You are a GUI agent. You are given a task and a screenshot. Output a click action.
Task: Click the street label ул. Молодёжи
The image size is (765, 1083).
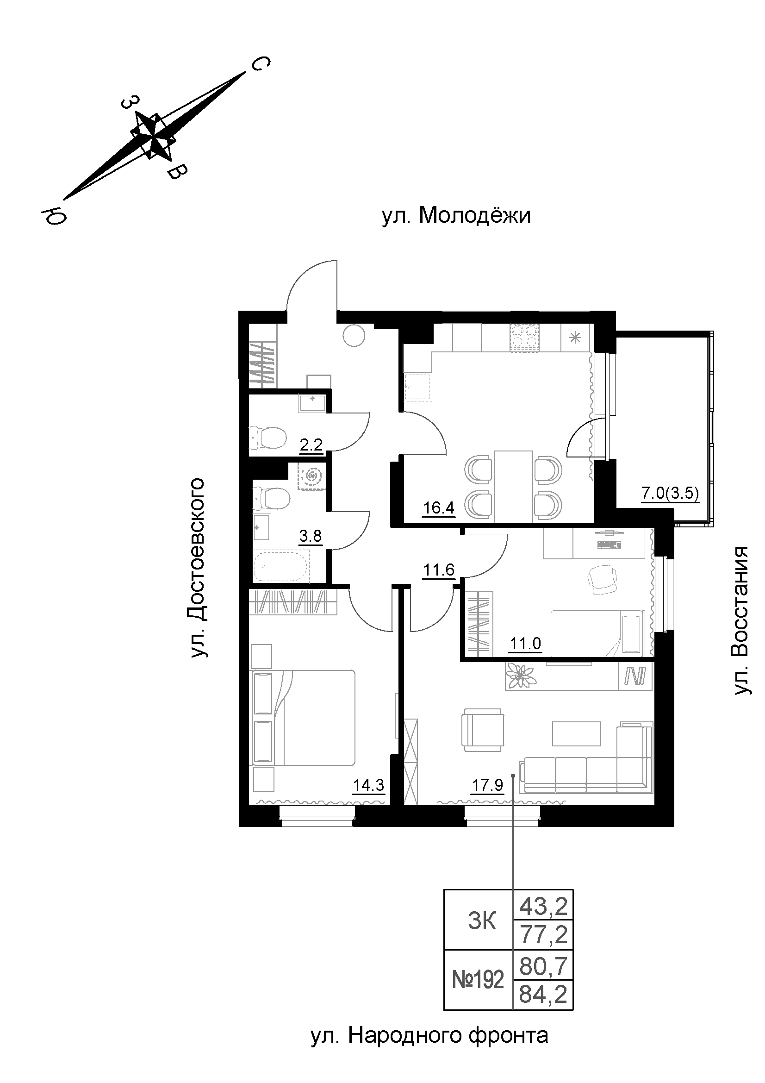tap(456, 216)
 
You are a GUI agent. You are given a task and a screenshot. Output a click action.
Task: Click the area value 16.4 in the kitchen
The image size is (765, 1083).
tap(438, 508)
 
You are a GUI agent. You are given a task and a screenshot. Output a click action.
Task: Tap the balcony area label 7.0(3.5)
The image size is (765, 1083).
tap(669, 494)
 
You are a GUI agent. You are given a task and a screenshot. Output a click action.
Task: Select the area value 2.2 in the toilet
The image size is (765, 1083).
tap(311, 444)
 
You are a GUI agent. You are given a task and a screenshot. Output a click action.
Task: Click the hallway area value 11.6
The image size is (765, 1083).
tap(438, 570)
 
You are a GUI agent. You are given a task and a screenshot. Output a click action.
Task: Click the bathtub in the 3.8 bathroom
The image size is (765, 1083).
tap(281, 566)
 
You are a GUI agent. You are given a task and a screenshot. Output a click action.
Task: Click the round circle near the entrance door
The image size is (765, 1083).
tap(354, 335)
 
